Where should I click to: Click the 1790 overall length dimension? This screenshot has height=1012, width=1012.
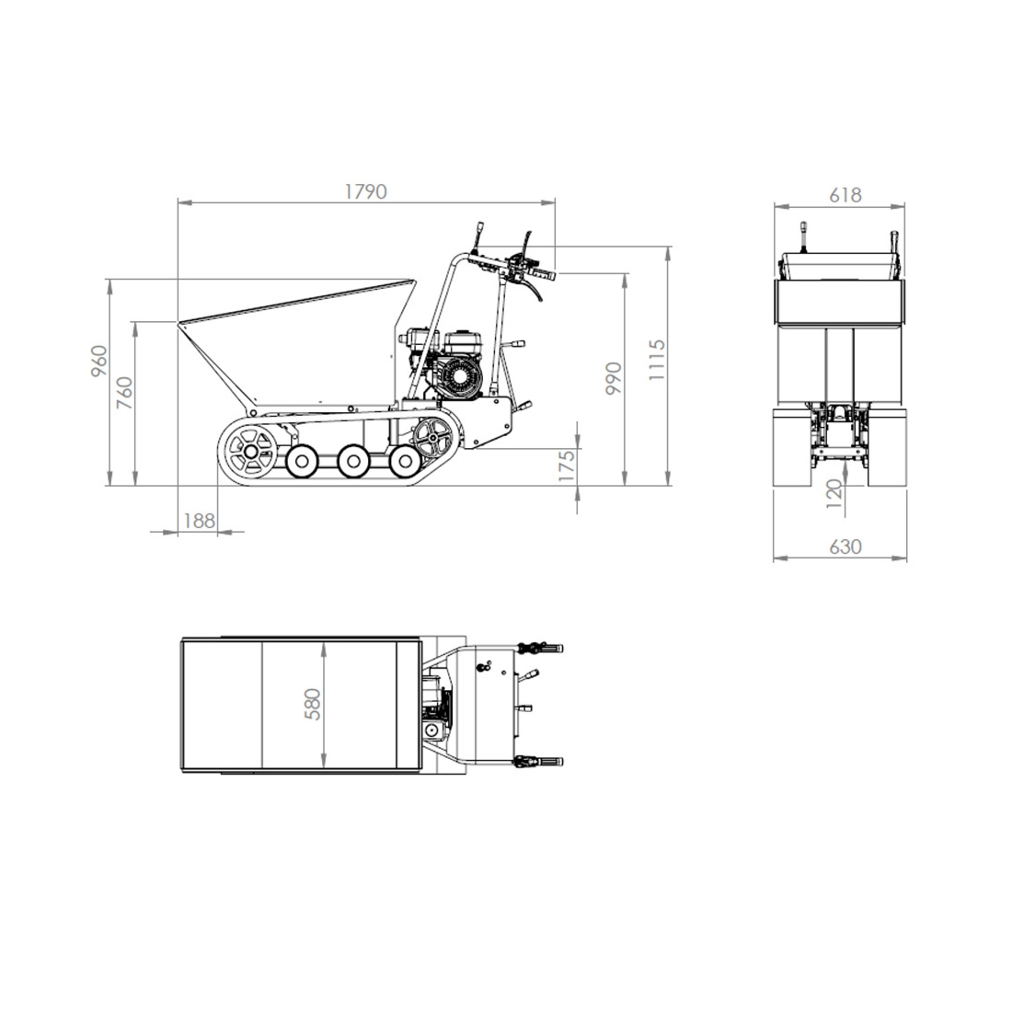(x=365, y=191)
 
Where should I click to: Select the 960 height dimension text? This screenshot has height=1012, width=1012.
(x=98, y=362)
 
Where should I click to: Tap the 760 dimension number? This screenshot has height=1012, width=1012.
(x=124, y=393)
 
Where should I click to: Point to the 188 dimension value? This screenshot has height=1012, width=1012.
(x=199, y=520)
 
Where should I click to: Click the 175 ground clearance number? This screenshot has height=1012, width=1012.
(x=566, y=466)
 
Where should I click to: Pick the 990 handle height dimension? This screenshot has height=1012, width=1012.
(x=613, y=378)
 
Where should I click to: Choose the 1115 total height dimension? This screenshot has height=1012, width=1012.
(x=656, y=360)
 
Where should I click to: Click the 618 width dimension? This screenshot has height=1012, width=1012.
(x=845, y=194)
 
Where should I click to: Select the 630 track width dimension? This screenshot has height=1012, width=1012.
(x=845, y=546)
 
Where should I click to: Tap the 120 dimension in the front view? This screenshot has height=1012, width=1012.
(x=834, y=494)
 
